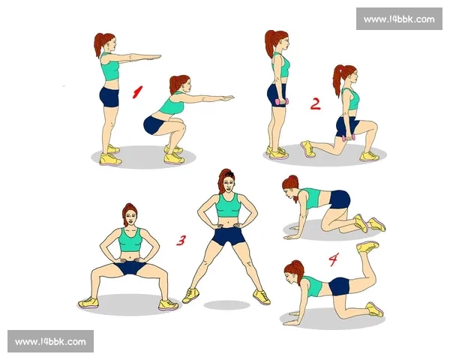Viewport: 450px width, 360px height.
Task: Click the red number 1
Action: tap(137, 92)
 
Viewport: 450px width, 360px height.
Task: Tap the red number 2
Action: tap(316, 104)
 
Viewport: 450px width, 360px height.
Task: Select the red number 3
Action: tap(181, 241)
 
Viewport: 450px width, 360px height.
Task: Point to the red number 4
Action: tap(334, 259)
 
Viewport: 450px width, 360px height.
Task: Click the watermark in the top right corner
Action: tap(399, 19)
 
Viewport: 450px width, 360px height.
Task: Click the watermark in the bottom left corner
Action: tap(50, 341)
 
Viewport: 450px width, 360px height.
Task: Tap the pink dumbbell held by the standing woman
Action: tap(282, 102)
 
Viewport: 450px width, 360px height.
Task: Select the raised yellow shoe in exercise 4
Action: tap(367, 247)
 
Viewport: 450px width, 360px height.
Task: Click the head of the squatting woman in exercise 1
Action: tap(180, 83)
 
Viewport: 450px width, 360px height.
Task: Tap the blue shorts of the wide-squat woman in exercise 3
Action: tap(130, 267)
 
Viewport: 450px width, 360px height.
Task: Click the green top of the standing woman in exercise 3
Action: tap(228, 205)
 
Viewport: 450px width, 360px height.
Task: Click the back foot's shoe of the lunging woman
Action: tap(307, 148)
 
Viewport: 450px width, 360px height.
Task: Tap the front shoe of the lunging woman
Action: tap(369, 156)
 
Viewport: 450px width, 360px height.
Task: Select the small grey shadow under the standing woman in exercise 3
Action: tap(226, 305)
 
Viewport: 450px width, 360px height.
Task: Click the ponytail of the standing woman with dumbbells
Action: tap(269, 43)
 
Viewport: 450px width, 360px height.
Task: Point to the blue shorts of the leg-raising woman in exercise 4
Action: tap(339, 286)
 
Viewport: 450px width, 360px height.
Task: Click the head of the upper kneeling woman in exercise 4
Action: tap(291, 187)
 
